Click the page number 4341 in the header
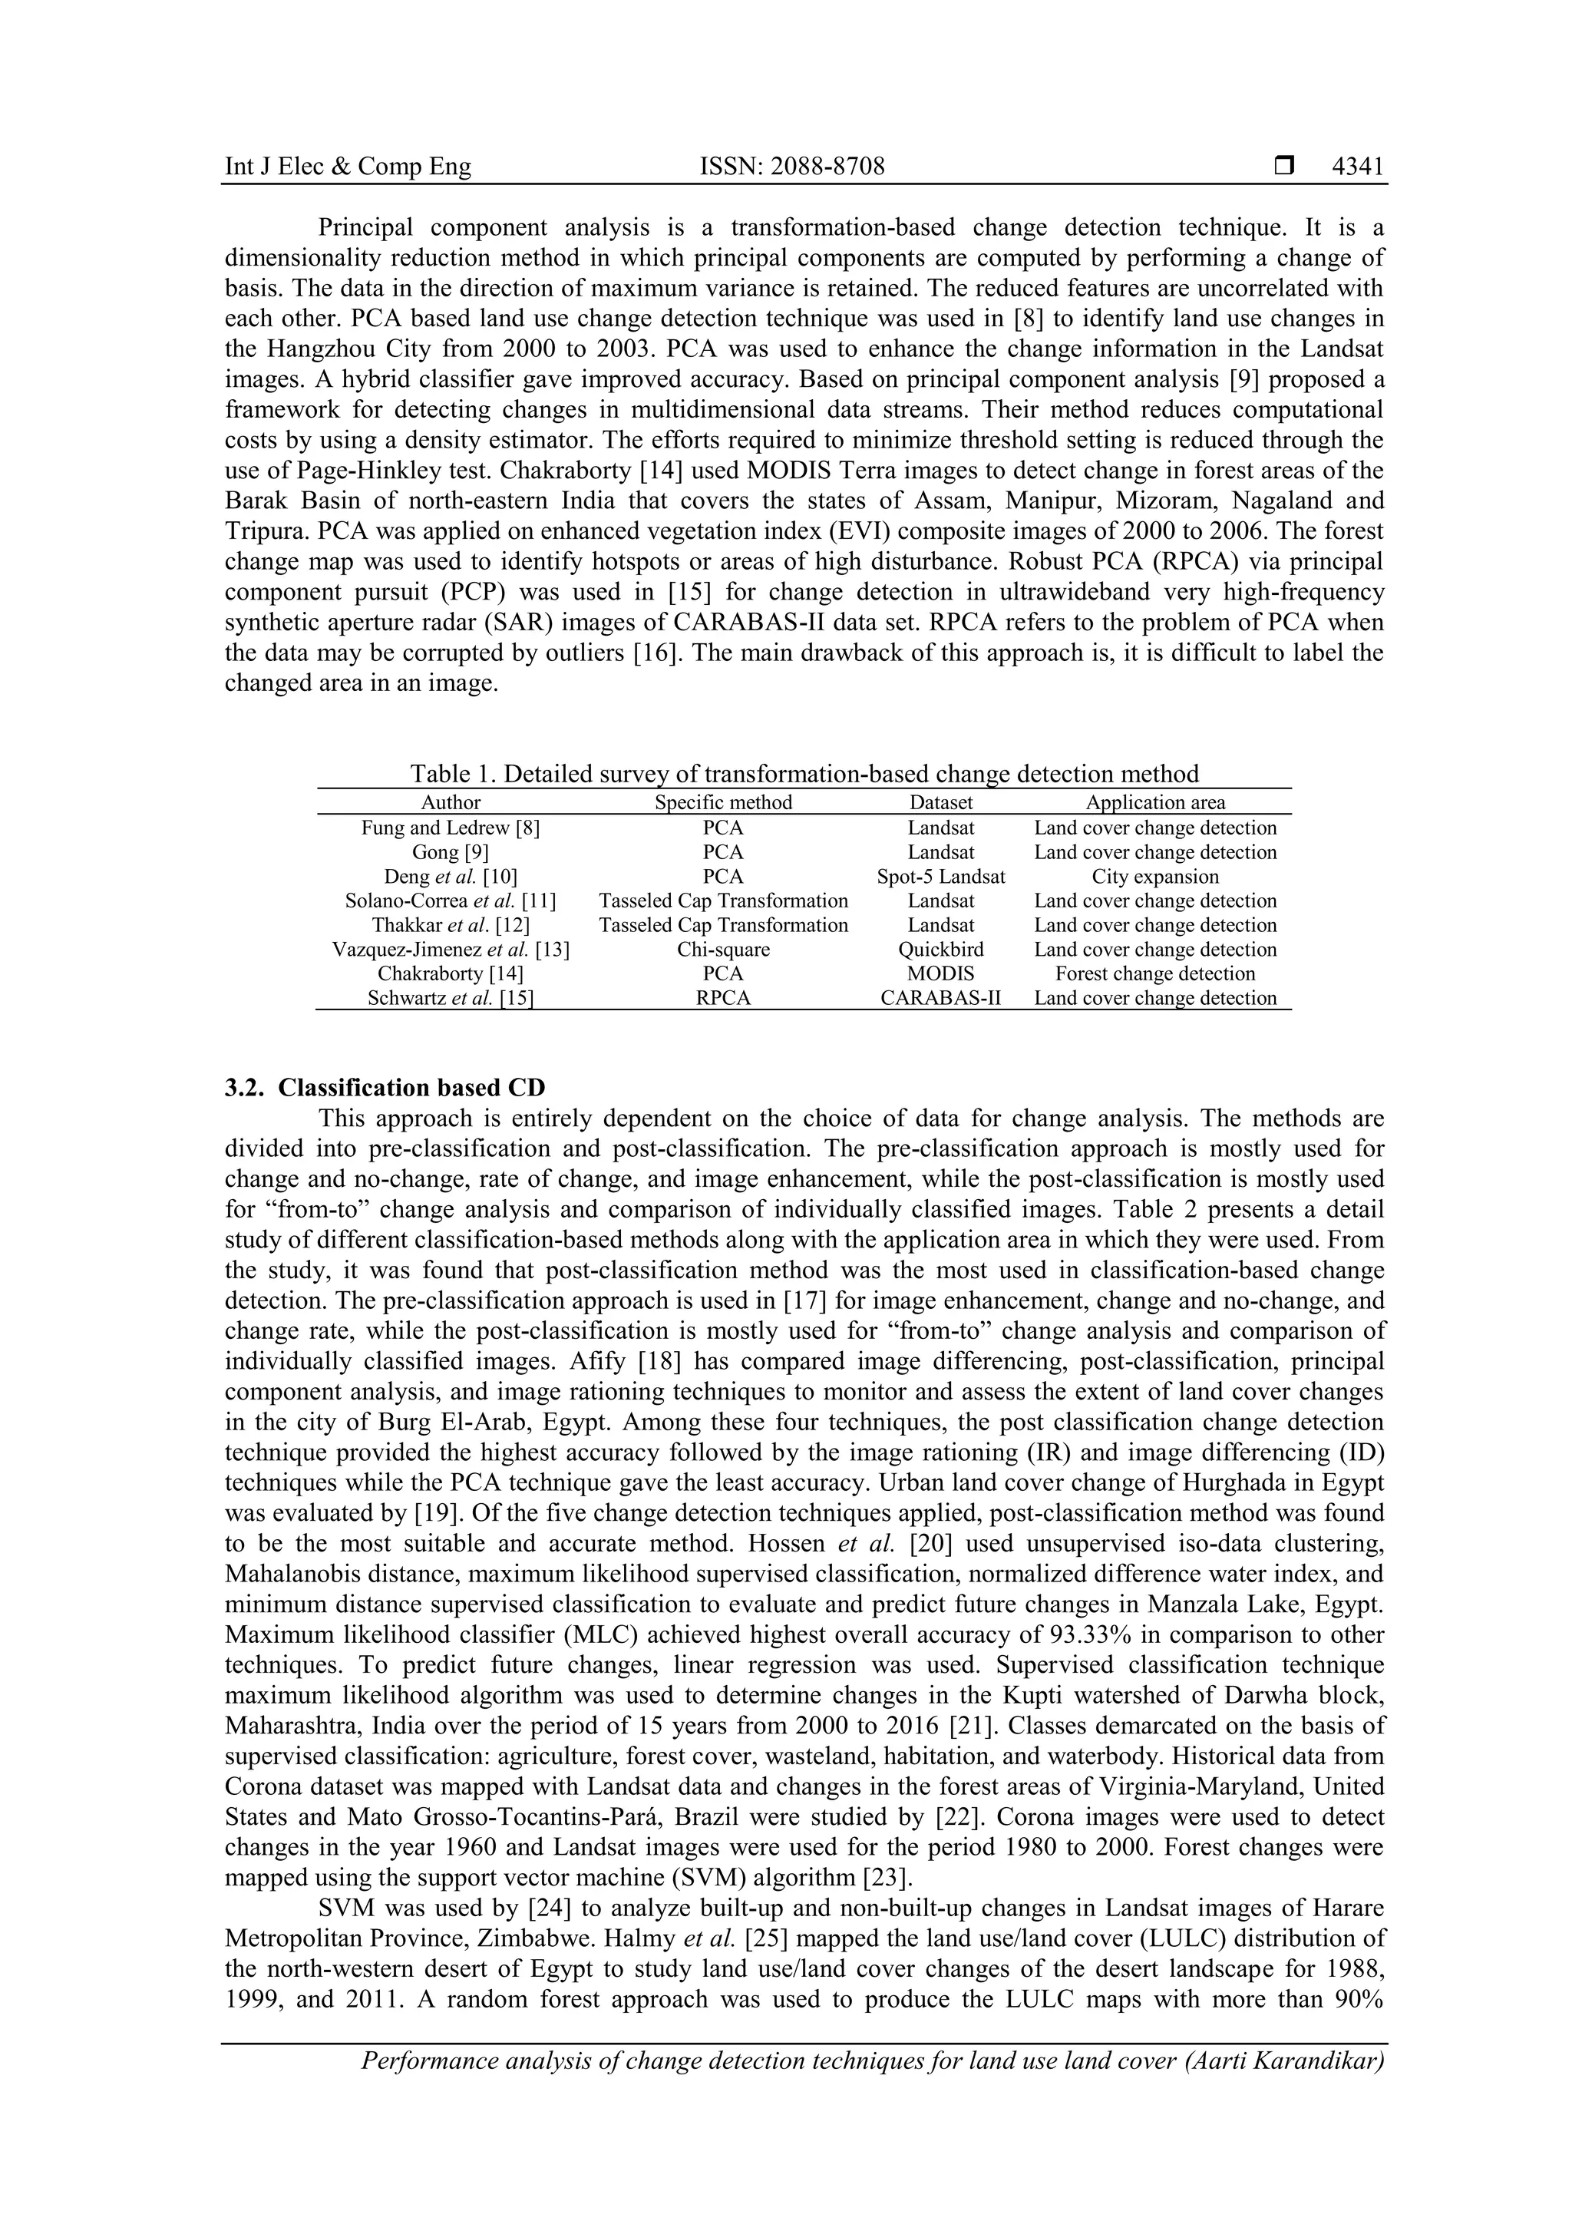coord(1357,167)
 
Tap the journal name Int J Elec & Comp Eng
coord(348,167)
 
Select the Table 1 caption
coord(804,773)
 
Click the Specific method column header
coord(722,802)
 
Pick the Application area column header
coord(1154,802)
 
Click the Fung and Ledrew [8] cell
coord(451,828)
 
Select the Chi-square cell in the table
coord(722,950)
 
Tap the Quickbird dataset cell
coord(940,950)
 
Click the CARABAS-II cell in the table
coord(940,998)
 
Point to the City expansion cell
coord(1154,877)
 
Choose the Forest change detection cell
coord(1154,973)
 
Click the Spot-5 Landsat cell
coord(940,877)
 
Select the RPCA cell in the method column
coord(722,998)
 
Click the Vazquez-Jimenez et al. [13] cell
coord(451,950)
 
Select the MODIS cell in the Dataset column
coord(940,973)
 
